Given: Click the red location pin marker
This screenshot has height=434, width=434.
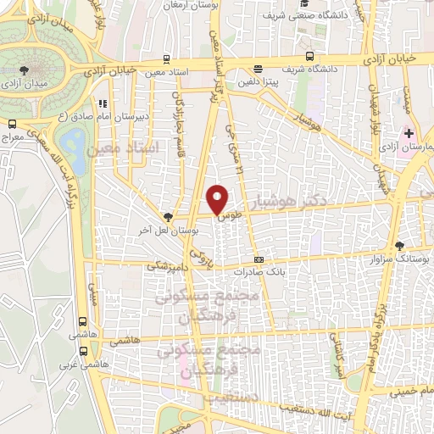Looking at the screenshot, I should pos(218,200).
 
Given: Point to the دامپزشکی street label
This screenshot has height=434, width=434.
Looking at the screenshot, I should pos(166,265).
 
